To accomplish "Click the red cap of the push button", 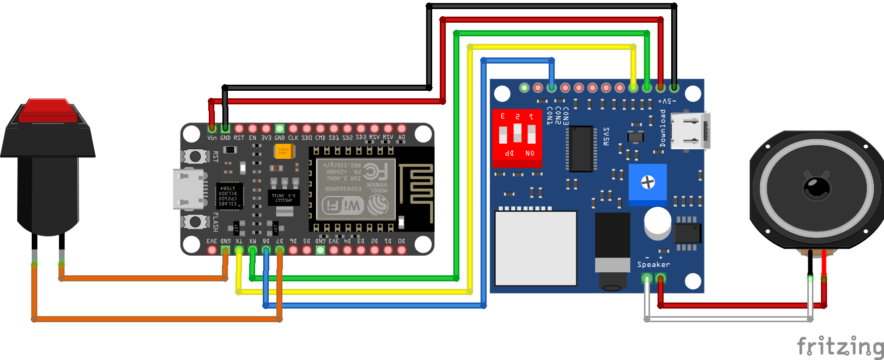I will [x=48, y=111].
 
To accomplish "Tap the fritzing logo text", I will [x=840, y=347].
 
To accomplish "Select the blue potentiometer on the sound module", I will [x=647, y=183].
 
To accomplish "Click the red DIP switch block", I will [x=517, y=137].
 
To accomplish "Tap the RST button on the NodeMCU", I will [x=195, y=156].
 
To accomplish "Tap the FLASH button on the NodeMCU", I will [x=195, y=221].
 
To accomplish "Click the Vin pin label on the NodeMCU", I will [x=212, y=138].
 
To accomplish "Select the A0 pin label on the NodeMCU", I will [x=401, y=138].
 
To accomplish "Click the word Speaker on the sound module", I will [x=654, y=265].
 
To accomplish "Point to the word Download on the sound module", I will [x=663, y=129].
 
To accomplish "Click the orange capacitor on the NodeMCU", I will [x=284, y=151].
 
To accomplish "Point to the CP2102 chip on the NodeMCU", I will [x=229, y=196].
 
